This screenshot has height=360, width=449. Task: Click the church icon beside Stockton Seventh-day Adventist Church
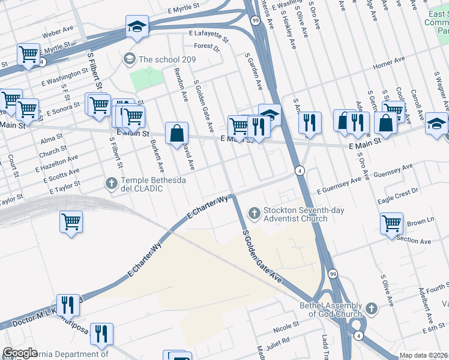pos(255,212)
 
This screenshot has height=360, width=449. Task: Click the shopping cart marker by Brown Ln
pos(391,224)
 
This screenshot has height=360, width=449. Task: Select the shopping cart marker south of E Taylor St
pos(71,223)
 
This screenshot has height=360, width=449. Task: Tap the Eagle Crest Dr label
pos(397,192)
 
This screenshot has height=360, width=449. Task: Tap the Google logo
pos(20,353)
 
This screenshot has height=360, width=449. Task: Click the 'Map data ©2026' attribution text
pos(423,355)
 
